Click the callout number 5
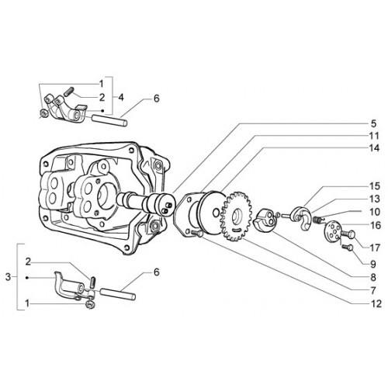(373, 123)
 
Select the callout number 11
(374, 136)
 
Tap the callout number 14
(374, 148)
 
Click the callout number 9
(372, 264)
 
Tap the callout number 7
(372, 290)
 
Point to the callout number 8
(372, 278)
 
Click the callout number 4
(121, 97)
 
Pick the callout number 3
(9, 277)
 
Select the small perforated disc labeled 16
(332, 231)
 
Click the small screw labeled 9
(348, 248)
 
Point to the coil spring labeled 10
(317, 220)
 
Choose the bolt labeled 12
(197, 233)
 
